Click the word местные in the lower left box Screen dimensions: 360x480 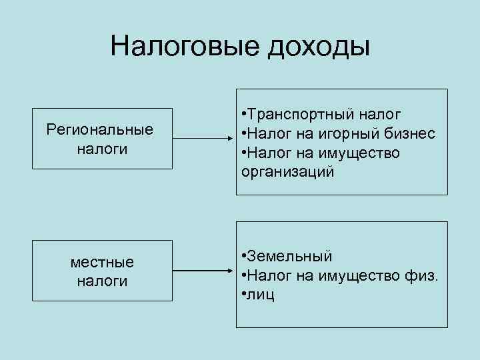tap(102, 261)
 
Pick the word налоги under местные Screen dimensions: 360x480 tap(102, 281)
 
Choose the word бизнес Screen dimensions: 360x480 tap(407, 134)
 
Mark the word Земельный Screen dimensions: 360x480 tap(291, 257)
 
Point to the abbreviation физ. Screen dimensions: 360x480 tap(423, 275)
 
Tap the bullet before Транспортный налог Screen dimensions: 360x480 tap(245, 115)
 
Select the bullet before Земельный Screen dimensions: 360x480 tap(245, 257)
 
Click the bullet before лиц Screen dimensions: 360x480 tap(245, 295)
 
